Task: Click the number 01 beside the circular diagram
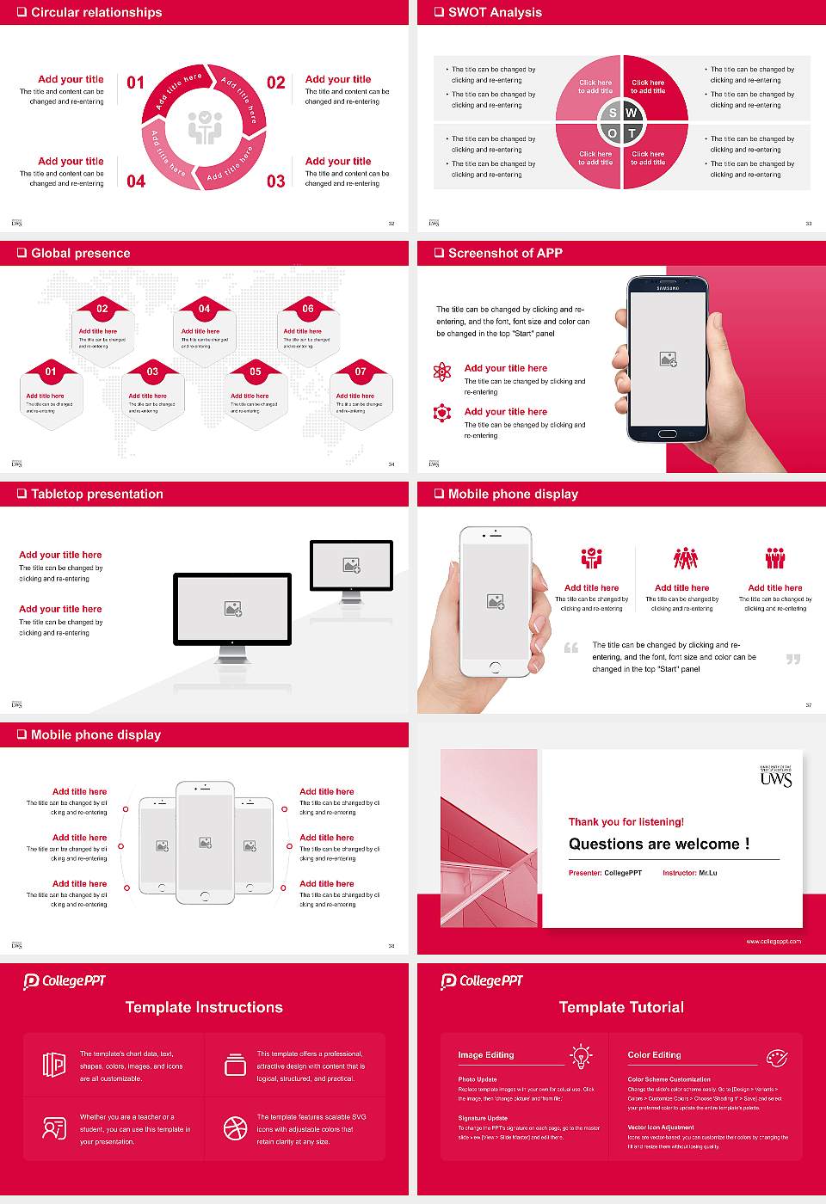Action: tap(136, 83)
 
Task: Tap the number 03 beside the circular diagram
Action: tap(275, 181)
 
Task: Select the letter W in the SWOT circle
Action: tap(632, 113)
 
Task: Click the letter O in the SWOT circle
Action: tap(613, 133)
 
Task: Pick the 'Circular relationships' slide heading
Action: tap(96, 12)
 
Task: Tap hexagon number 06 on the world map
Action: tap(308, 309)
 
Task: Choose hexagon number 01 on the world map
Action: tap(51, 372)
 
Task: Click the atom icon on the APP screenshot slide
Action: tap(442, 372)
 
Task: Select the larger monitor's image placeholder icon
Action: tap(232, 609)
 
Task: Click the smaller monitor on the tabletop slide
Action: tap(351, 565)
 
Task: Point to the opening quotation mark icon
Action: tap(571, 648)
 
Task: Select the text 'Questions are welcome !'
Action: tap(659, 844)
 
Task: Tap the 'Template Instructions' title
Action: tap(204, 1007)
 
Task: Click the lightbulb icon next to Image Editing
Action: tap(582, 1055)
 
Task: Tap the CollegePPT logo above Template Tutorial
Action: tap(482, 981)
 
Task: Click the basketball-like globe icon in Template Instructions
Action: tap(235, 1128)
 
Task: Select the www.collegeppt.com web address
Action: tap(773, 941)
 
